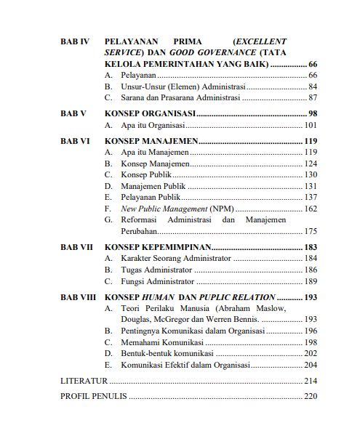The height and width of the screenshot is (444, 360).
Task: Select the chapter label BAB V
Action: click(73, 114)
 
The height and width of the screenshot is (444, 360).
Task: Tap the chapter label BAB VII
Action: click(76, 248)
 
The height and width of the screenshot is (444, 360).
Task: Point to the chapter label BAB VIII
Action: click(77, 297)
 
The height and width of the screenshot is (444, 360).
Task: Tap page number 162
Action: click(310, 209)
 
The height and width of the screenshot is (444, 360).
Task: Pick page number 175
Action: click(310, 231)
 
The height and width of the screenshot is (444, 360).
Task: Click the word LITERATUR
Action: click(84, 380)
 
